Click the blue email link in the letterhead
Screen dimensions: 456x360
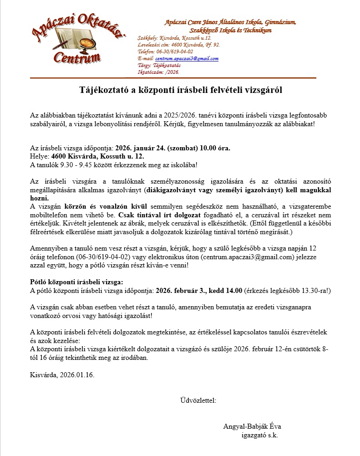(187, 59)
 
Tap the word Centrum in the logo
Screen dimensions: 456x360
(77, 57)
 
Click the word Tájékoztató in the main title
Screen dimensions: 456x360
(100, 90)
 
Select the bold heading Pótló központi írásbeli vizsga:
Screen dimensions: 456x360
(76, 282)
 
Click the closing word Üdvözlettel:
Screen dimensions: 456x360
(198, 400)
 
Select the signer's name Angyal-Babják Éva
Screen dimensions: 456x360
(255, 426)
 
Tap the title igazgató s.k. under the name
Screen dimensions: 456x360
(259, 435)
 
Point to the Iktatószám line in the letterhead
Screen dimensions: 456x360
(159, 72)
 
